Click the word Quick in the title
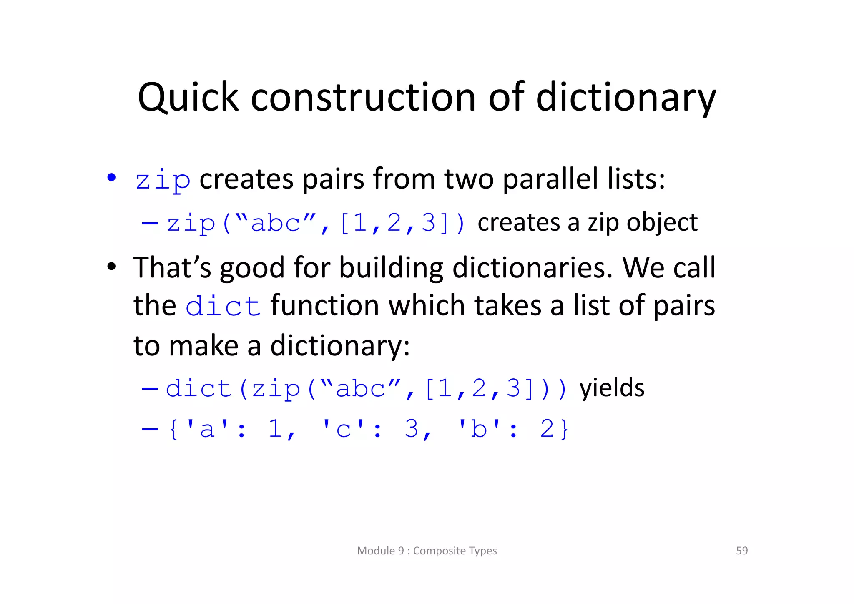(188, 98)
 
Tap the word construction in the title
(363, 98)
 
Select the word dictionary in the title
(625, 98)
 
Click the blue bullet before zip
(111, 178)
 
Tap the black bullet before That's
(111, 266)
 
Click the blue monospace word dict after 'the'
(223, 306)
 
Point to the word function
(325, 305)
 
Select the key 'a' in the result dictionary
(207, 429)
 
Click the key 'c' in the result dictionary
(343, 429)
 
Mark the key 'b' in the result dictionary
(479, 429)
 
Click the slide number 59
(742, 551)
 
